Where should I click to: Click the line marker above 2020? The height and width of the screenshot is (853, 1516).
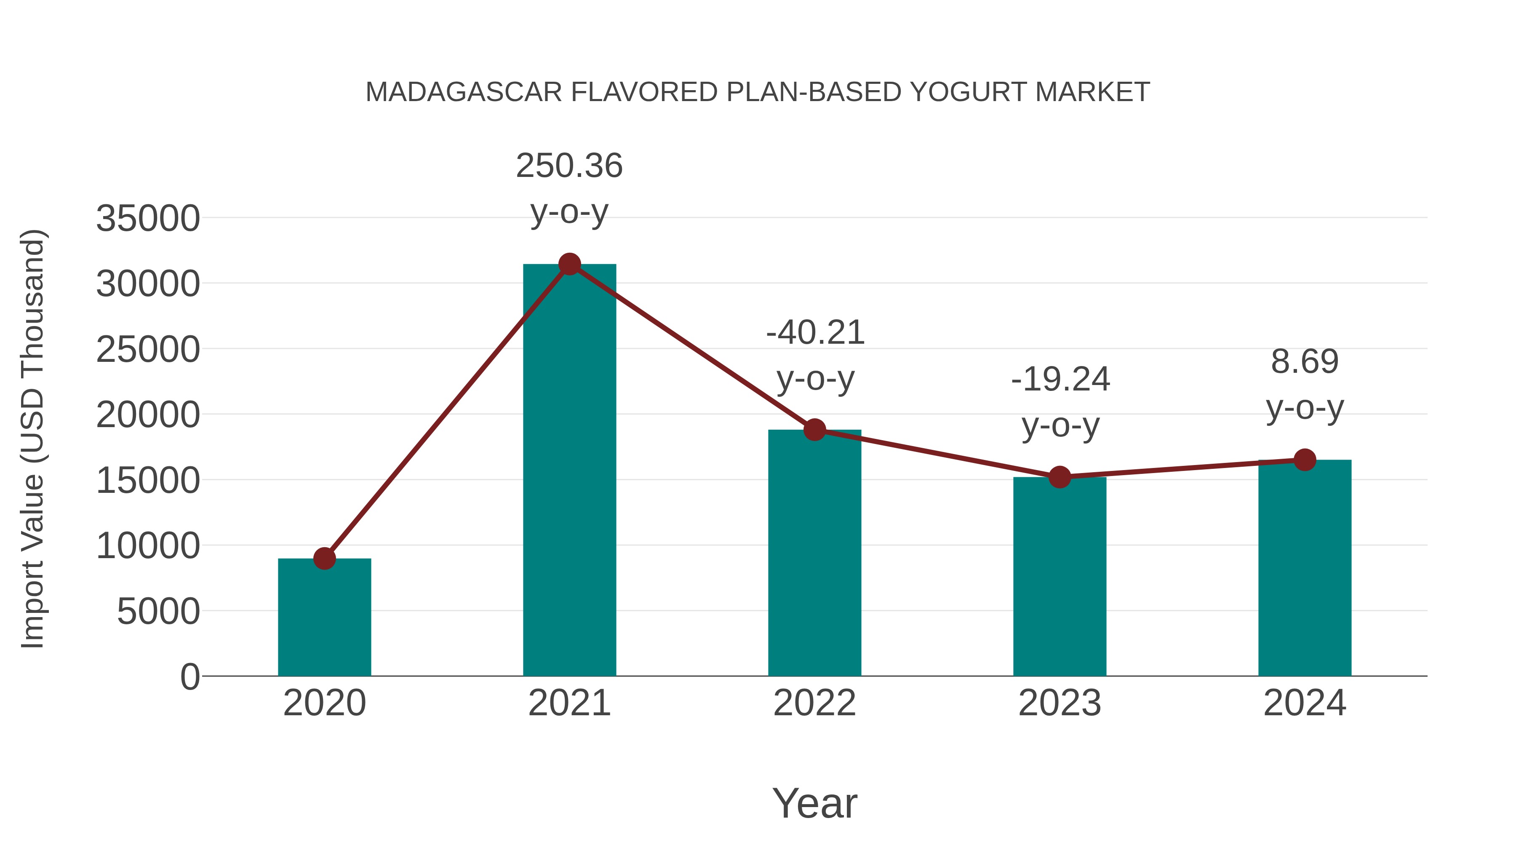pos(324,558)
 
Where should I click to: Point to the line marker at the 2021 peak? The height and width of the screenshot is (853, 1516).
pos(569,264)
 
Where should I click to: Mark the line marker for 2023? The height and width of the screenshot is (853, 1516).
pos(1060,477)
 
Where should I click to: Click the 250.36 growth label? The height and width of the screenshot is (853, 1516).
pos(569,166)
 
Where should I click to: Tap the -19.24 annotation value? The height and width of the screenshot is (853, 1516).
pos(1060,379)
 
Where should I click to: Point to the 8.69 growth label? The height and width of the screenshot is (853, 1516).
pos(1305,361)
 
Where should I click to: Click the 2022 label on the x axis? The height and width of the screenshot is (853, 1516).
pos(814,703)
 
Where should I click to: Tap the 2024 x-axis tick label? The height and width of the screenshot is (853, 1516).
pos(1305,703)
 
